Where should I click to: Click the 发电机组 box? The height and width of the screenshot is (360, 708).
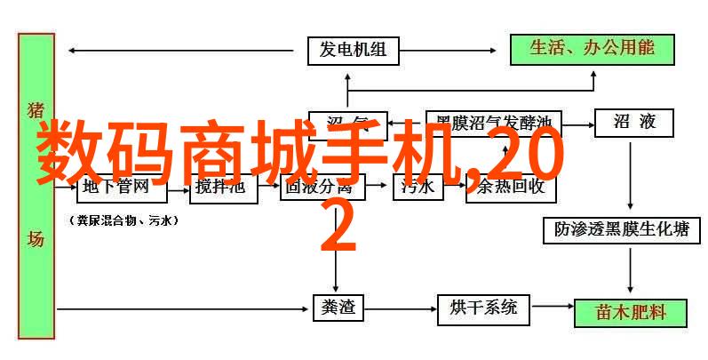(352, 50)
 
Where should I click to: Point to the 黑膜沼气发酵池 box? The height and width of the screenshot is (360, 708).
(493, 121)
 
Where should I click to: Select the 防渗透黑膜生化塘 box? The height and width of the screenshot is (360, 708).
(629, 229)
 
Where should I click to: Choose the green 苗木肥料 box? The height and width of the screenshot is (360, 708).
(631, 312)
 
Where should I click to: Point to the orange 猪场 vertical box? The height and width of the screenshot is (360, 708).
(36, 187)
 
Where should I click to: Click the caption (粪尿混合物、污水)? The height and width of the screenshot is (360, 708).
(122, 219)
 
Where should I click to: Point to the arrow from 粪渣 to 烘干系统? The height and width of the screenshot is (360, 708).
(396, 308)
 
